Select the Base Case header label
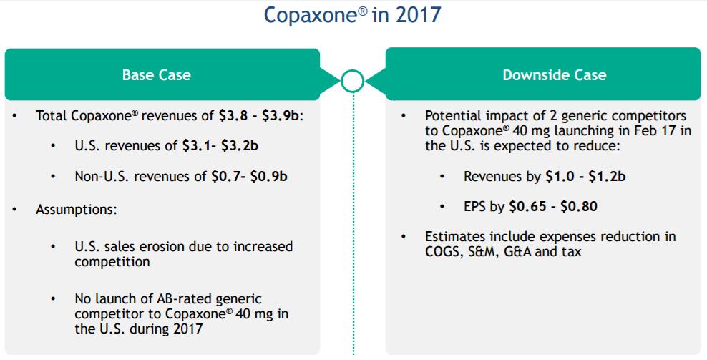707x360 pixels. [x=157, y=75]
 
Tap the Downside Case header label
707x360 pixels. [x=554, y=75]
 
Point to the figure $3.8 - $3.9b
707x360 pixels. [x=260, y=115]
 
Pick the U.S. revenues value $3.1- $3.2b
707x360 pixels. [x=220, y=146]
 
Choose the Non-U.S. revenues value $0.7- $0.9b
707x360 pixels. [x=249, y=176]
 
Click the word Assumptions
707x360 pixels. [x=76, y=210]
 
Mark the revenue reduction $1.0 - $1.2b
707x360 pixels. [x=585, y=176]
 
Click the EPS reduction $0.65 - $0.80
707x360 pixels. [x=553, y=206]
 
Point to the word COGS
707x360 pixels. [x=442, y=251]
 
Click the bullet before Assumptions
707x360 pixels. [x=15, y=210]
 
